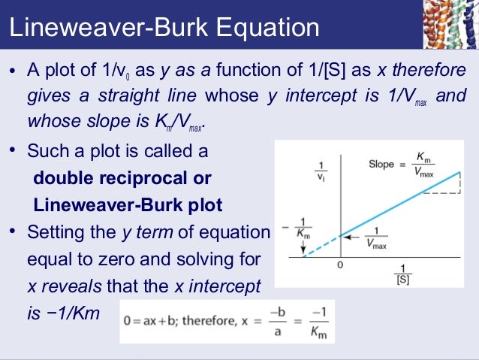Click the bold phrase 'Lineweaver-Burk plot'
click(x=128, y=204)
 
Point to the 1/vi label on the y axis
click(x=321, y=171)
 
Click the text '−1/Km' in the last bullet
click(x=73, y=313)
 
